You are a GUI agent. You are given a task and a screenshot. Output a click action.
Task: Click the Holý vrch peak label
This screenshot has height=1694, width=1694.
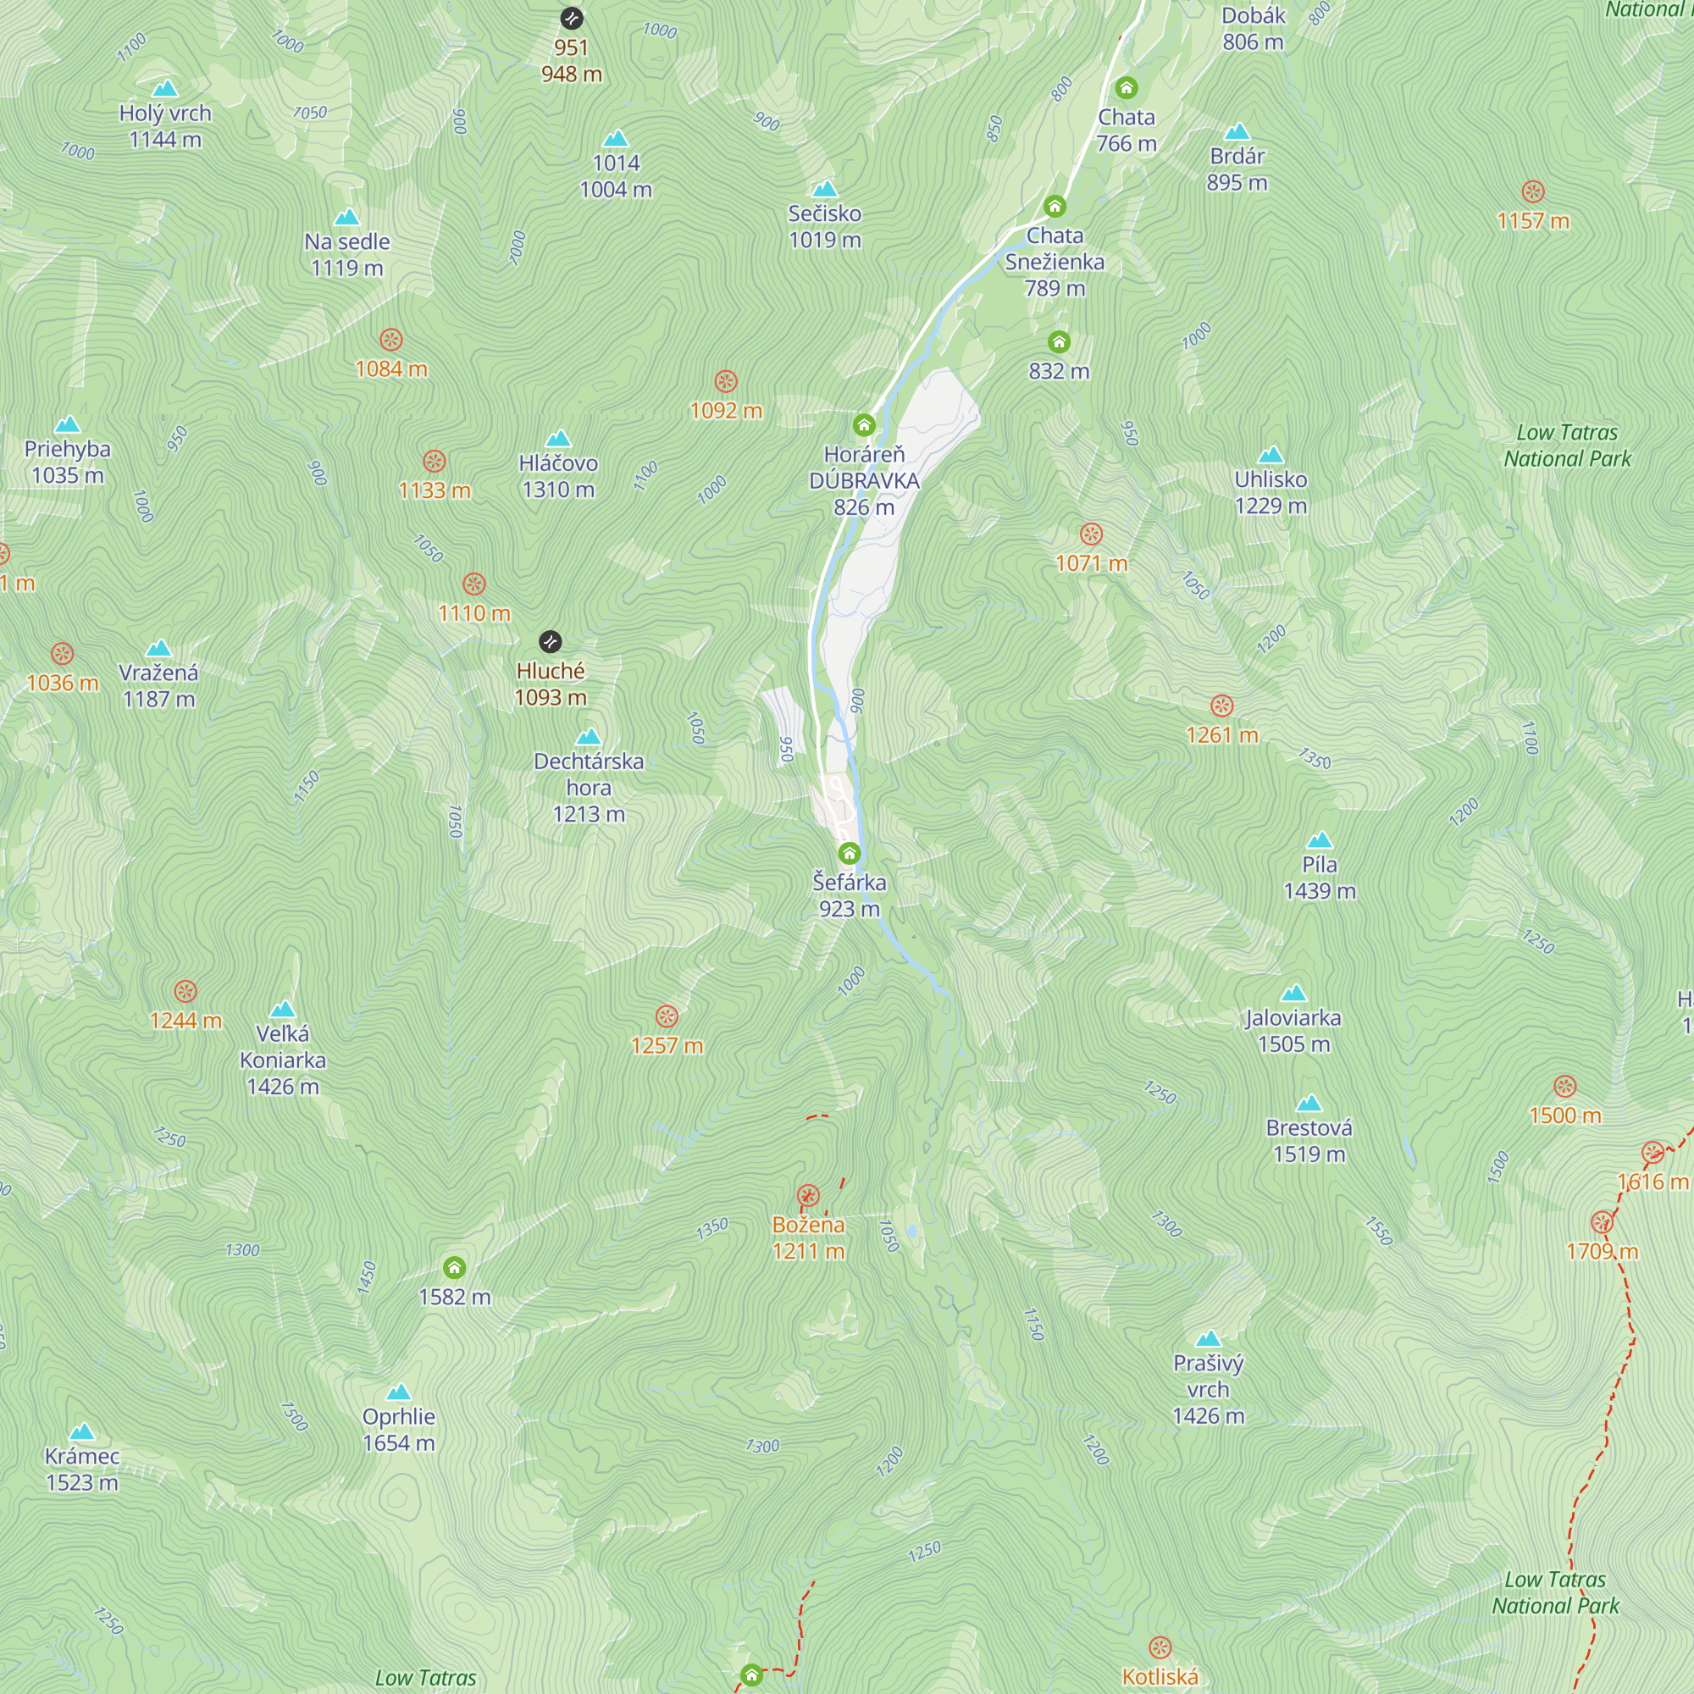coord(165,125)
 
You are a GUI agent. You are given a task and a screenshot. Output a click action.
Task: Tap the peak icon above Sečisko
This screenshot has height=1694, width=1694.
coord(824,190)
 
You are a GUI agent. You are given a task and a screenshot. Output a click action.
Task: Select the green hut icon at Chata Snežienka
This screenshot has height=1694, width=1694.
coord(1055,207)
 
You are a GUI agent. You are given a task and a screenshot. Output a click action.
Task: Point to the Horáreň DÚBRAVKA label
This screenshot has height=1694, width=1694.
coord(864,480)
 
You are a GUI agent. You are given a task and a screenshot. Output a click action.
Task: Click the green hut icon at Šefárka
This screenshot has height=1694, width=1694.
coord(849,853)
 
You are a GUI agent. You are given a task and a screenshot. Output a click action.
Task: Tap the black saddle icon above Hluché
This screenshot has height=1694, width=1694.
coord(550,642)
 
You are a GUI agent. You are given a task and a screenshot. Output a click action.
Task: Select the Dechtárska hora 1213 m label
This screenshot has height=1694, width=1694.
coord(589,788)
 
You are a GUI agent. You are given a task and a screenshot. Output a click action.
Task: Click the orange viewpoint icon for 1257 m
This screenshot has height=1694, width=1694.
coord(667,1016)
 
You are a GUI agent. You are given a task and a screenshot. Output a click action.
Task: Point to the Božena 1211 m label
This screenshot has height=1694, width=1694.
coord(808,1237)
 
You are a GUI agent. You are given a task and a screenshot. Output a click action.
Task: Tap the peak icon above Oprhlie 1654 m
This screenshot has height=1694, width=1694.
coord(399,1392)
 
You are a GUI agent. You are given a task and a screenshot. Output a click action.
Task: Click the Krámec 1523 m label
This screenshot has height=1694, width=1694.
coord(81,1469)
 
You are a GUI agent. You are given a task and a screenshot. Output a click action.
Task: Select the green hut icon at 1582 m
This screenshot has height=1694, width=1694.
coord(454,1268)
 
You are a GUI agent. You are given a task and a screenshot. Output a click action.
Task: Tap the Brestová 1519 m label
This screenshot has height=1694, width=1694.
coord(1309,1141)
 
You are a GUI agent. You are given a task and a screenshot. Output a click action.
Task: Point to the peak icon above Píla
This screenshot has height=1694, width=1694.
coord(1320,841)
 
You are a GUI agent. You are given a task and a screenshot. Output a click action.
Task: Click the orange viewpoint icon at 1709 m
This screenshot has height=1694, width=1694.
coord(1602,1222)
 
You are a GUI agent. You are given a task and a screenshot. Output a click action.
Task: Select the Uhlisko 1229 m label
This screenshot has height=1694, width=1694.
coord(1270,492)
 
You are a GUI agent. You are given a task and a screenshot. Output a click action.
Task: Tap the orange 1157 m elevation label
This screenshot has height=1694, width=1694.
coord(1533,221)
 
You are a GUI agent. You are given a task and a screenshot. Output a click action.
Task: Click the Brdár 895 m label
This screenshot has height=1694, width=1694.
coord(1237,169)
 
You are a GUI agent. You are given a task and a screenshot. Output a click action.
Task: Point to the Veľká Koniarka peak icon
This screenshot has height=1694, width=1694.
coord(282,1010)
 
